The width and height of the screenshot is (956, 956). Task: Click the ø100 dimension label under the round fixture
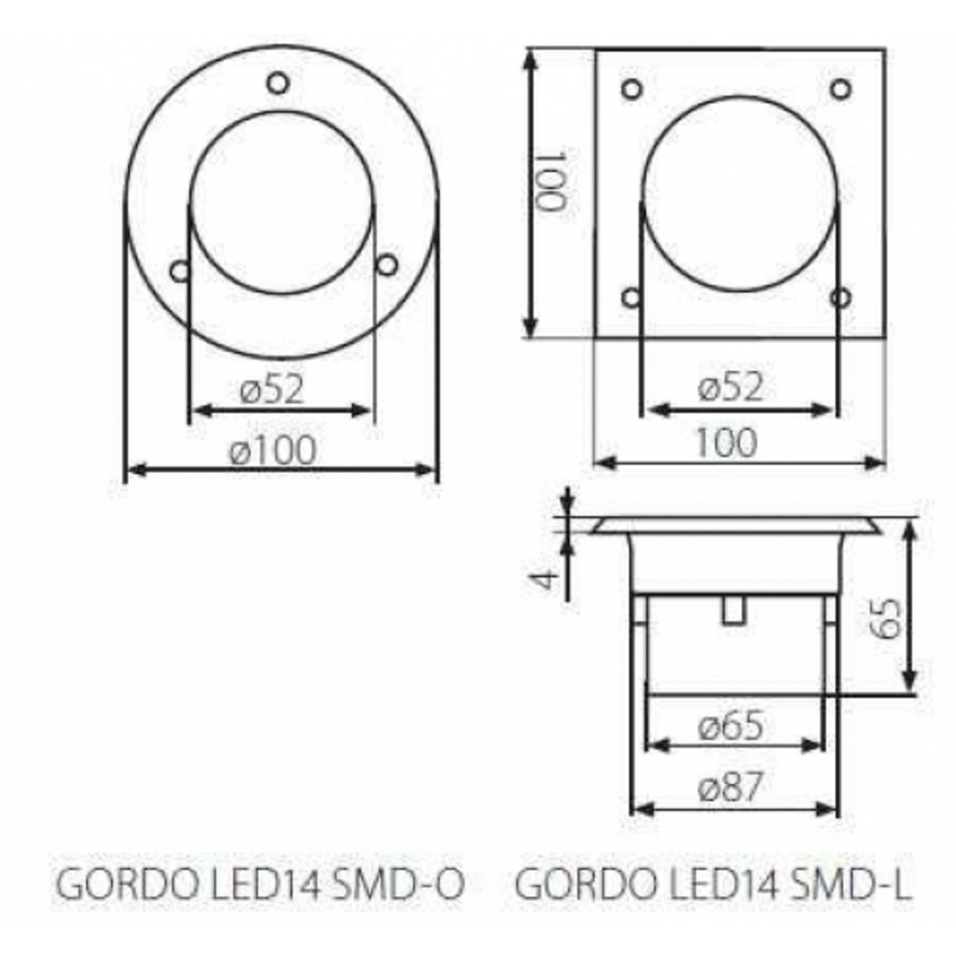click(x=273, y=450)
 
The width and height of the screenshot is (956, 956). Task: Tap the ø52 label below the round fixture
click(x=272, y=389)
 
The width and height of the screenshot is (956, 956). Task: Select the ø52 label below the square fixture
click(x=730, y=386)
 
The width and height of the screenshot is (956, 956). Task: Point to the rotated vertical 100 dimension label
click(x=552, y=180)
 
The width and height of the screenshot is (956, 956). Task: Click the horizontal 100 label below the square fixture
click(x=727, y=443)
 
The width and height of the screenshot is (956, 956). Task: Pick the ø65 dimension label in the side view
click(x=730, y=727)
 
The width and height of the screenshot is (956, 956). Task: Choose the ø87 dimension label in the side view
click(x=729, y=787)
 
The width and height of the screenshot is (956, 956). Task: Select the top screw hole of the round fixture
click(x=278, y=83)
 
